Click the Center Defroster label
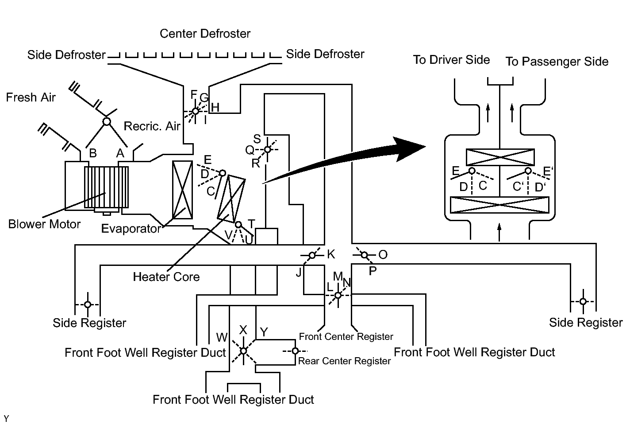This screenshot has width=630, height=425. coord(205,34)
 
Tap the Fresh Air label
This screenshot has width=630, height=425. coord(31,97)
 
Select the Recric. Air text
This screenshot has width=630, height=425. coord(152,126)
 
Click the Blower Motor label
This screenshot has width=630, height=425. coord(44,225)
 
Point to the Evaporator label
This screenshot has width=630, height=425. coord(131,229)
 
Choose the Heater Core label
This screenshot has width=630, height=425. coord(166,277)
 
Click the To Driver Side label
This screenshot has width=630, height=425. coord(451,60)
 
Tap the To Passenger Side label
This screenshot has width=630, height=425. coord(557,62)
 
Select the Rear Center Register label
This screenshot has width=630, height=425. coord(344,361)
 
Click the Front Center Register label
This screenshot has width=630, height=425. coord(346,336)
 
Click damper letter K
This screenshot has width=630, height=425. coord(331,254)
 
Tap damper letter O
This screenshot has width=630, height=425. coord(383,255)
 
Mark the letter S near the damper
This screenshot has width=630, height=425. coord(257,139)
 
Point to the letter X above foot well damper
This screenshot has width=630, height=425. coord(243,330)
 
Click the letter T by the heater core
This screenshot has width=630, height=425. coord(251,224)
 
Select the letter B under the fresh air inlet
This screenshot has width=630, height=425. coord(93,153)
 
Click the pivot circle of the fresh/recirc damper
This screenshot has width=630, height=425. coord(107,122)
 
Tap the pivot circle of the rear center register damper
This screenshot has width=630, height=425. coord(295,351)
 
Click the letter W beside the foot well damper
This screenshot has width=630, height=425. coord(222,337)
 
